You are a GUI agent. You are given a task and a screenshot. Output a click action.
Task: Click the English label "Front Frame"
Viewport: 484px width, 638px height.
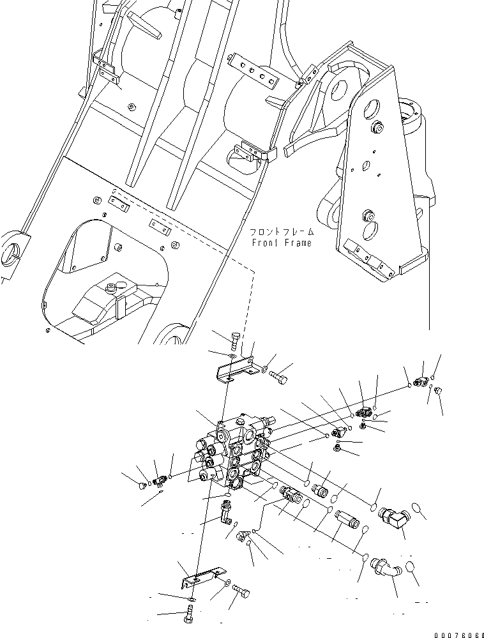281,243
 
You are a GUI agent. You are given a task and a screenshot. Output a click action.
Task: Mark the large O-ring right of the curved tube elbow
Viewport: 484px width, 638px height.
411,568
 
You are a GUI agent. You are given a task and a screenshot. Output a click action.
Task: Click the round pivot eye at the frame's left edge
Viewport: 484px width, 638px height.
13,250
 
